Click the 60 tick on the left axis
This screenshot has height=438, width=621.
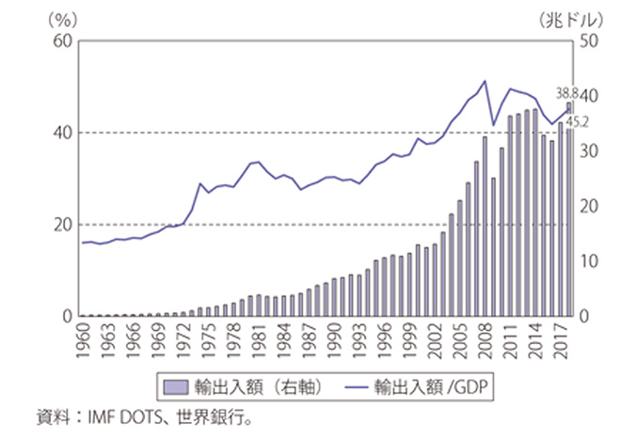pyautogui.click(x=64, y=41)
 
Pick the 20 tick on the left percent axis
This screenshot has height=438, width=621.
pyautogui.click(x=64, y=225)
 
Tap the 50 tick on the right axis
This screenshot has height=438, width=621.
pyautogui.click(x=590, y=41)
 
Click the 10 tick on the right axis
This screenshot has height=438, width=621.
pyautogui.click(x=590, y=261)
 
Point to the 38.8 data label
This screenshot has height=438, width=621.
pyautogui.click(x=567, y=92)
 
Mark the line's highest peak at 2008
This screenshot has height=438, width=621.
pyautogui.click(x=485, y=81)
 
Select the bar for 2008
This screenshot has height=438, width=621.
pyautogui.click(x=485, y=227)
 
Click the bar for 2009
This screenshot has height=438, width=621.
pyautogui.click(x=493, y=246)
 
